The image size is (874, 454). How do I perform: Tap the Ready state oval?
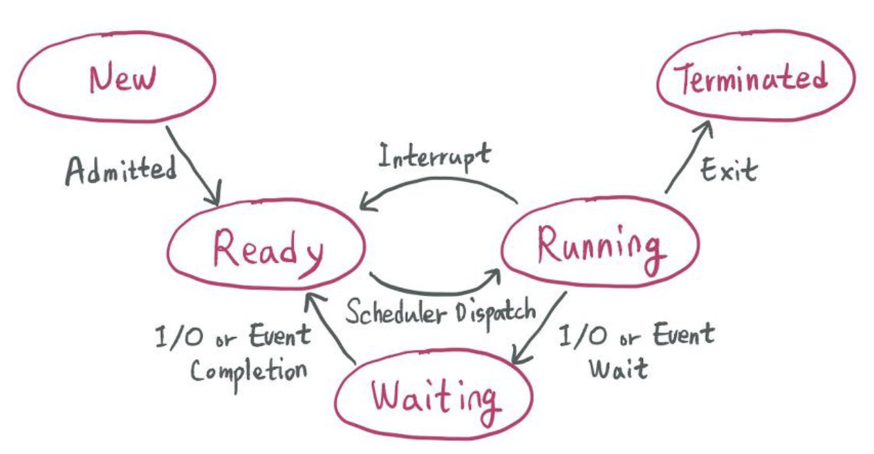pos(267,246)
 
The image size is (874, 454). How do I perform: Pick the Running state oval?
pos(599,244)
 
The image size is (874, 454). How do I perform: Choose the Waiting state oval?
pos(434,397)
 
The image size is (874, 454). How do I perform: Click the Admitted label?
pos(120,170)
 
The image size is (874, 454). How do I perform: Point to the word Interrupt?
pos(434,156)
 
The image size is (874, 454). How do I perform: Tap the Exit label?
pos(729,169)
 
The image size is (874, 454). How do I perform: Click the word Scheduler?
pos(398,313)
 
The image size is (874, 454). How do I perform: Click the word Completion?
pos(249,372)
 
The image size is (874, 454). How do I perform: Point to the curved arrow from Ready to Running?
pos(432,289)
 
